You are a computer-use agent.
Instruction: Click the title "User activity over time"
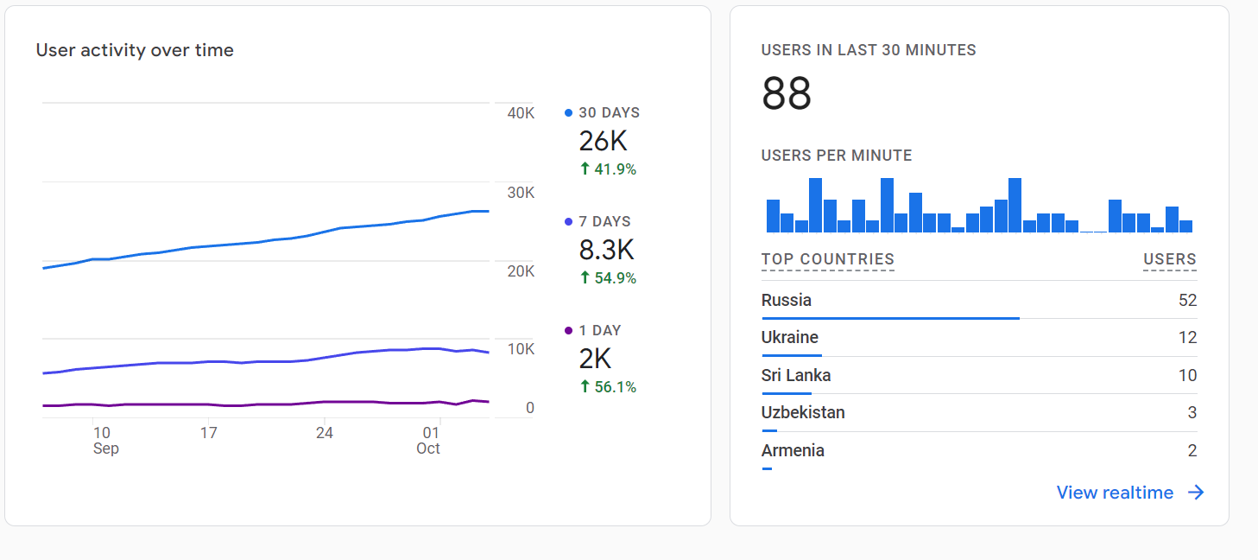[135, 50]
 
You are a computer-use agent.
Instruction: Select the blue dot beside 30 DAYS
[568, 112]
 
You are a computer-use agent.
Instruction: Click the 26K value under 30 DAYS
[603, 141]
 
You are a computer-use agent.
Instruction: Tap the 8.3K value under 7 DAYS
[606, 250]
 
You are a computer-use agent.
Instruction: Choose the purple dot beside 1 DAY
[568, 330]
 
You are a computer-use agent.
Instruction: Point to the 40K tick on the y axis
[521, 113]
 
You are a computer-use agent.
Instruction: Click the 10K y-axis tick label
[521, 349]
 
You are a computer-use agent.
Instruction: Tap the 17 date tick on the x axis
[208, 432]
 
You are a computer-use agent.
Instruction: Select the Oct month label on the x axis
[428, 449]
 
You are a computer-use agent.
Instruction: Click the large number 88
[787, 93]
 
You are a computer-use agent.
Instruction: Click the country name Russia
[787, 301]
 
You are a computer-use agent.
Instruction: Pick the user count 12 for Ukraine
[1187, 338]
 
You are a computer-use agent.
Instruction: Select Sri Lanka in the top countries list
[796, 375]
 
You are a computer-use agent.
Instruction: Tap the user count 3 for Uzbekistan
[1192, 413]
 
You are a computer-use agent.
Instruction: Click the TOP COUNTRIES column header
[827, 259]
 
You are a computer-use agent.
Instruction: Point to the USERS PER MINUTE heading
[837, 156]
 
